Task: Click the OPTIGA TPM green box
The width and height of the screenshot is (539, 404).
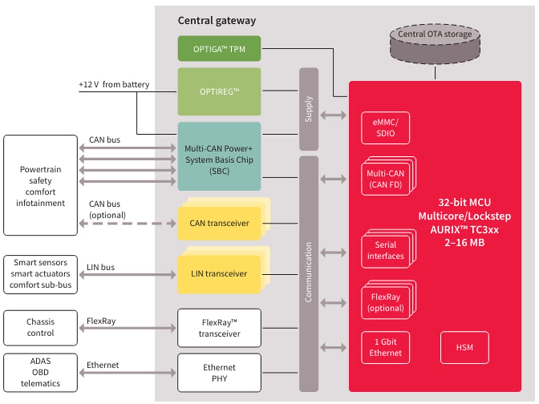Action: coord(219,48)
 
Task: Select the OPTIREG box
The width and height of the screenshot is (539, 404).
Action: coord(219,91)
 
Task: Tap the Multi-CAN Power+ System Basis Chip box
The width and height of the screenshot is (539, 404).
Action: coord(219,156)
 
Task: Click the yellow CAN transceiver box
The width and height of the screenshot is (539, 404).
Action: coord(219,223)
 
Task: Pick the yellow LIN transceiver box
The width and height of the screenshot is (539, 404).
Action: coord(219,274)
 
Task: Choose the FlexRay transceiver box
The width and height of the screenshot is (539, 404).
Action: coord(219,328)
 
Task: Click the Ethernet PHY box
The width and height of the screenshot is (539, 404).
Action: coord(219,373)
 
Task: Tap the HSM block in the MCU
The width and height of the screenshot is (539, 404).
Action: coord(464,347)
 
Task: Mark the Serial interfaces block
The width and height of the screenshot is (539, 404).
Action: coord(385,251)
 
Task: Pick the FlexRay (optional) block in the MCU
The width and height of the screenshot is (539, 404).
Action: coord(385,302)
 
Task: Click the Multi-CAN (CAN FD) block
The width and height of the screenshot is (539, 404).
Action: coord(385,179)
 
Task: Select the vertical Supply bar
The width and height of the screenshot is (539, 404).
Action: coord(308,109)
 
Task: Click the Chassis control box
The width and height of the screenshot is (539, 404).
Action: coord(40,328)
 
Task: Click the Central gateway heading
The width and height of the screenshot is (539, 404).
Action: coord(217,21)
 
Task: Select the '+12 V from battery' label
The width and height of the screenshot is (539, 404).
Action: coord(114,85)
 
